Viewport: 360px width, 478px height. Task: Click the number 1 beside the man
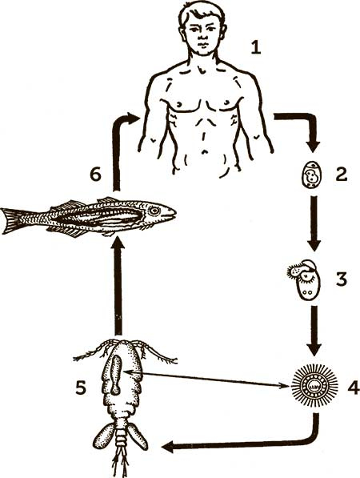[256, 48]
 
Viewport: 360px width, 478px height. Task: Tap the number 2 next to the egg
[341, 174]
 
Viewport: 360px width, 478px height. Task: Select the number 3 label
[342, 279]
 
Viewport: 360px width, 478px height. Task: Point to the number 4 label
[354, 388]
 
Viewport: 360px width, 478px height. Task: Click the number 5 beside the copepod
[81, 388]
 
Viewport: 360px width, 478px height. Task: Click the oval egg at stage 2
[312, 175]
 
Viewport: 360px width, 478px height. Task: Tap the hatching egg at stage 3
[305, 275]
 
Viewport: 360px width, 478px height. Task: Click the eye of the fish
[154, 211]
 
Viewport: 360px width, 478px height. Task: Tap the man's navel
[205, 151]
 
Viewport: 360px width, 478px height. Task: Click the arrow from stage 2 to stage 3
[314, 223]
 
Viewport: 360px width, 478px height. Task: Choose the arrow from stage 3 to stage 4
[314, 331]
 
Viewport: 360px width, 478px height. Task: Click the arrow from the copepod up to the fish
[118, 286]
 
